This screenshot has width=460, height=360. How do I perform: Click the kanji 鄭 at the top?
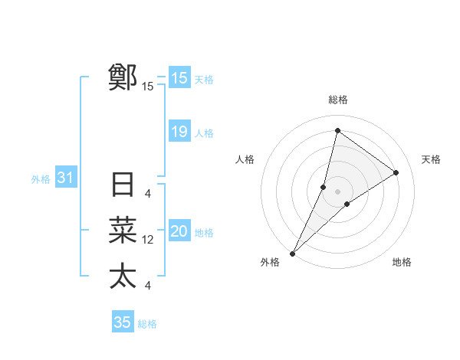point(123,77)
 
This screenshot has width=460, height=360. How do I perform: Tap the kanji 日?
point(123,185)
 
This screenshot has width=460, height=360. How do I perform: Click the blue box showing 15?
point(179,78)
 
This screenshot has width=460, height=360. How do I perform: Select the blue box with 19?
point(179,132)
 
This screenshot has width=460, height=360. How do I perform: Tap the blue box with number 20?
point(179,231)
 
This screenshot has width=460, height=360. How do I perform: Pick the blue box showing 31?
point(65,178)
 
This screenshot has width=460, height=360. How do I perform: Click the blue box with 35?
point(123,322)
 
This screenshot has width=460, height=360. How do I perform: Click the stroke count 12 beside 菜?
point(148,240)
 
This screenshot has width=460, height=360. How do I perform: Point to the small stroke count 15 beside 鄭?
point(148,87)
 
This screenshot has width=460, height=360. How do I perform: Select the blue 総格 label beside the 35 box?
point(147,324)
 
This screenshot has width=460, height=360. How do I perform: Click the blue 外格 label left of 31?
point(41,179)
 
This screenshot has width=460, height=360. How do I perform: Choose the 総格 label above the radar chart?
point(337,100)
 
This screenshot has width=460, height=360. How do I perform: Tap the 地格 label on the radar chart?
point(402,262)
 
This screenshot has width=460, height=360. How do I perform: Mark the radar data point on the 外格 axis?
point(292,254)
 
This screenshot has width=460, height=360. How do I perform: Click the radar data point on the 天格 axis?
point(396,172)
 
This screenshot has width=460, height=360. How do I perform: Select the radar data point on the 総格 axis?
point(337,131)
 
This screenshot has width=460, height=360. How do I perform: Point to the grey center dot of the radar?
point(337,191)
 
